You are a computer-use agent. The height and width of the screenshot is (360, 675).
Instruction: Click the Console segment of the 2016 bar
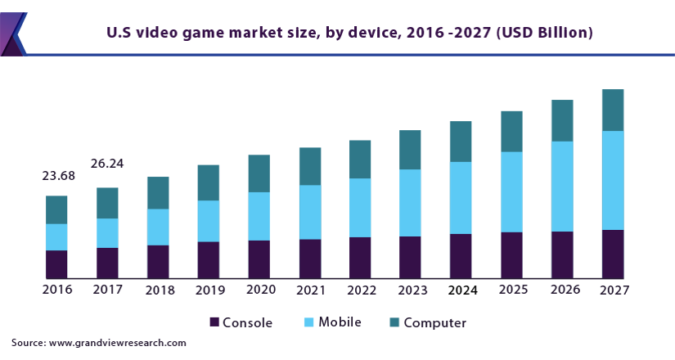point(56,264)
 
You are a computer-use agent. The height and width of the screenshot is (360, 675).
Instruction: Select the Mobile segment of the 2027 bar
point(613,180)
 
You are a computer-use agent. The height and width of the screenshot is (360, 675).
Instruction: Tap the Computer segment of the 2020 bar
point(259,173)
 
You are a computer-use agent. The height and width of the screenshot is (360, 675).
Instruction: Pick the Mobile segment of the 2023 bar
point(410,203)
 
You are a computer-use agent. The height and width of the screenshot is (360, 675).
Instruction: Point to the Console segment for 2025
point(511,255)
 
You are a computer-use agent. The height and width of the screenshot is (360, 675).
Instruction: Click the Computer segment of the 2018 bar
point(158,193)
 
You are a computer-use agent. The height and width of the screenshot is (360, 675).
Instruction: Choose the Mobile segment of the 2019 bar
point(209,221)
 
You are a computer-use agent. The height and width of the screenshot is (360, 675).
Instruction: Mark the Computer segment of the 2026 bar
point(562,121)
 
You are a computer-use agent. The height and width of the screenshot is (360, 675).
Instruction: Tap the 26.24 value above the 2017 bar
point(107,164)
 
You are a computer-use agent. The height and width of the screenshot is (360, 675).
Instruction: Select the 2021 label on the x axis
point(312,290)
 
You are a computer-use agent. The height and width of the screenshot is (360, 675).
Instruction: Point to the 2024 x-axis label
point(462,290)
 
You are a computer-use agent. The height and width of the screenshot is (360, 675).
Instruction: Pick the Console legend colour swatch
point(215,322)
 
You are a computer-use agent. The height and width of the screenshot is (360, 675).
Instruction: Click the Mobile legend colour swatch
point(308,322)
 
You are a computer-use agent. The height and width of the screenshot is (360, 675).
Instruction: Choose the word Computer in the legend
point(435,322)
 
